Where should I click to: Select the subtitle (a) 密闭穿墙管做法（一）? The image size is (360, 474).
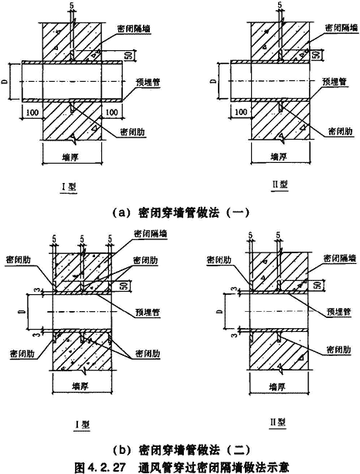click(x=181, y=212)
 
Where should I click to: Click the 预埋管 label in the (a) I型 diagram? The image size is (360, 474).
click(x=148, y=82)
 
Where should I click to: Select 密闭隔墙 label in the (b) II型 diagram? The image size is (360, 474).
click(x=336, y=259)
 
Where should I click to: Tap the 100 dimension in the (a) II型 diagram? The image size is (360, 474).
click(x=241, y=113)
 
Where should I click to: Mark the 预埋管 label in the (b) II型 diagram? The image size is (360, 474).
click(x=338, y=311)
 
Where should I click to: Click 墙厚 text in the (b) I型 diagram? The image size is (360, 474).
click(x=80, y=386)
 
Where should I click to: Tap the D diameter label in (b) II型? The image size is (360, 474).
click(x=220, y=311)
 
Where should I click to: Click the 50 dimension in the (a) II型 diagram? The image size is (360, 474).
click(x=316, y=54)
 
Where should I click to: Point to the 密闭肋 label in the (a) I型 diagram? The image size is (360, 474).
click(x=133, y=132)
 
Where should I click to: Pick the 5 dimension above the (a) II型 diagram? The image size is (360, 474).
click(x=279, y=4)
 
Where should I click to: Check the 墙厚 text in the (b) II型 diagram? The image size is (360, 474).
click(x=277, y=386)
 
